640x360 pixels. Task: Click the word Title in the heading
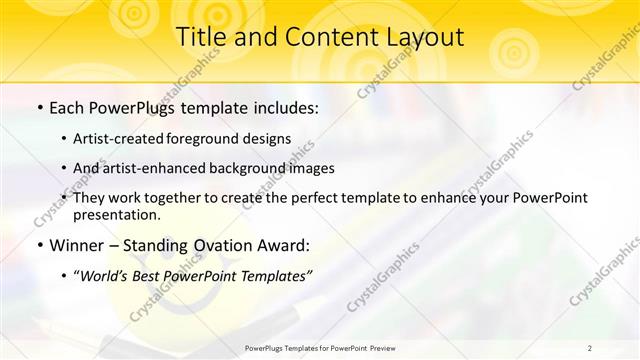(200, 37)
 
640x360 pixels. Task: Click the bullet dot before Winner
(38, 245)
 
